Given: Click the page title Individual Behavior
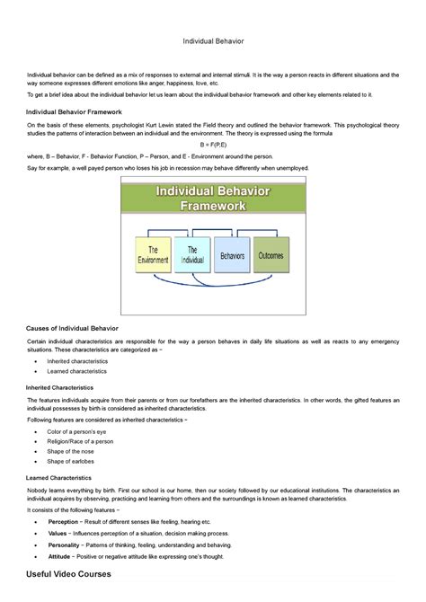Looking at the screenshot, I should point(213,41).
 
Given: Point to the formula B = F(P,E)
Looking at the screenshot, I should point(213,144).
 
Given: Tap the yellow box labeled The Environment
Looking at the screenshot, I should point(153,255).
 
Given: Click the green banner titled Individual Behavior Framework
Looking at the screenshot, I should point(214,198).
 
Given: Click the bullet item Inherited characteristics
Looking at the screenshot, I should point(76,361).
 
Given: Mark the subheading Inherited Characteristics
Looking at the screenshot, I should point(72,387).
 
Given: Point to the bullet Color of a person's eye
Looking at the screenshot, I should point(82,432).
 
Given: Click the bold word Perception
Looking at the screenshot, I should point(63,522).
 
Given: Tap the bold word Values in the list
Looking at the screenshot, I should point(58,533).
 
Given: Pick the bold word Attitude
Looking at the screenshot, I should point(59,556).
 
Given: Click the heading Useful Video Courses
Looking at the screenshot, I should point(69,574).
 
